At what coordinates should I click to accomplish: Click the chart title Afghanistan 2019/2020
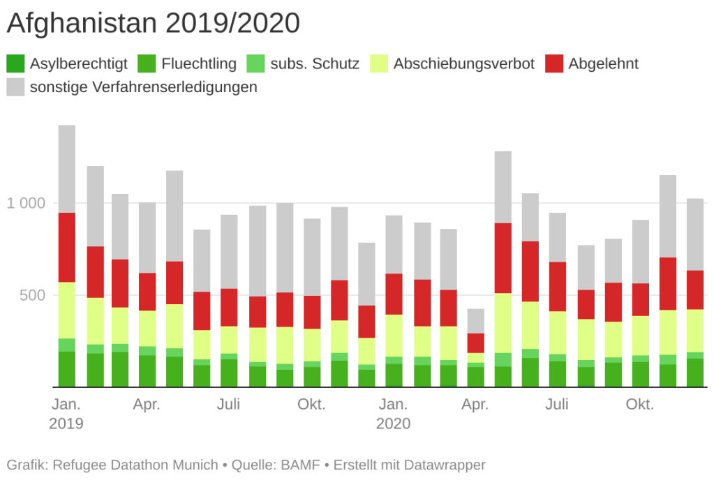point(154,24)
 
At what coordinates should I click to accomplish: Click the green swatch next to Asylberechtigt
point(15,64)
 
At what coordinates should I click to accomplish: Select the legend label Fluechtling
point(199,64)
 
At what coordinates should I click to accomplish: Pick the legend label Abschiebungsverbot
point(464,64)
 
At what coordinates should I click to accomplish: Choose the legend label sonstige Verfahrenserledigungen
point(144,87)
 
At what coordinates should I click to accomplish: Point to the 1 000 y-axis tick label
point(26,203)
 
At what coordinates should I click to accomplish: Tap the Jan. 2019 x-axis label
point(66,414)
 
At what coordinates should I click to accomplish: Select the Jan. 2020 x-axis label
point(394,414)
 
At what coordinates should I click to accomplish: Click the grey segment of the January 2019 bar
point(67,169)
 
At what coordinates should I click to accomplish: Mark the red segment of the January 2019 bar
point(67,248)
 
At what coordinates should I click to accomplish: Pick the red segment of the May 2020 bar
point(503,258)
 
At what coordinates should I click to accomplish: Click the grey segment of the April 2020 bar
point(476,321)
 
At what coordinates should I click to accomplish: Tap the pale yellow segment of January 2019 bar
point(67,310)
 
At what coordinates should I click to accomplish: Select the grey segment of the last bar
point(695,234)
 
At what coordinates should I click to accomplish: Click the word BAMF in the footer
point(301,465)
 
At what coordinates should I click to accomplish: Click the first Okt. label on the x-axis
point(311,405)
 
